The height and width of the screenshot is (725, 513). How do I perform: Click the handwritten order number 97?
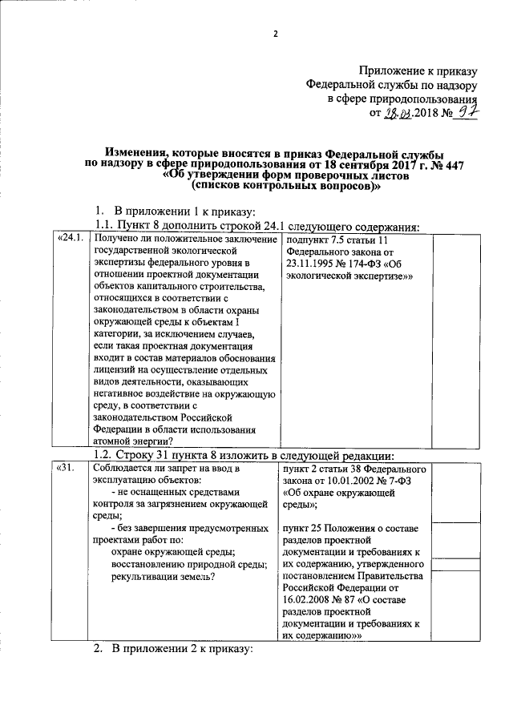point(467,112)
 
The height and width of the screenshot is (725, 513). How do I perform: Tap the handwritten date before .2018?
point(398,113)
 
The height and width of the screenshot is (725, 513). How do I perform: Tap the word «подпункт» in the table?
point(310,239)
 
